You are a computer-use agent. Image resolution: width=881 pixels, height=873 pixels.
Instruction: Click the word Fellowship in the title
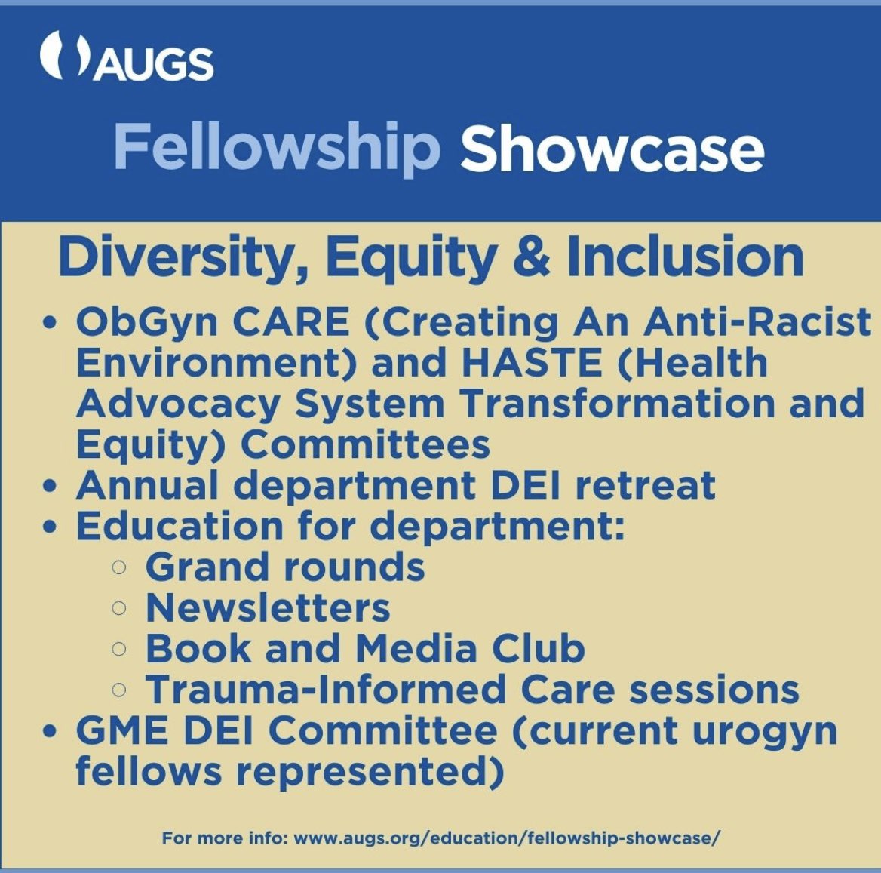(277, 147)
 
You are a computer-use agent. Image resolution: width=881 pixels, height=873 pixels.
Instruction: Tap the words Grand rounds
(284, 567)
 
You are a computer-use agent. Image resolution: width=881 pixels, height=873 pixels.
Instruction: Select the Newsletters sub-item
(268, 607)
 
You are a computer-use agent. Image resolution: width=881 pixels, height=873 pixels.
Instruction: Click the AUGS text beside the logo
(155, 65)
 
